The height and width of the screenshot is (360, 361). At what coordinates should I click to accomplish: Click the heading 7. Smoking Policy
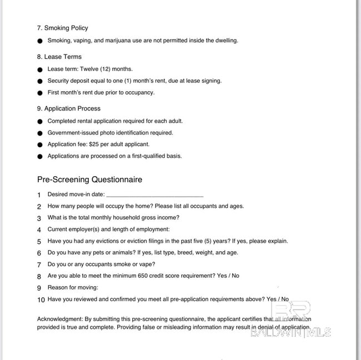pos(62,28)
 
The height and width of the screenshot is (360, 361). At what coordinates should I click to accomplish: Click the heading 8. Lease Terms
pos(59,57)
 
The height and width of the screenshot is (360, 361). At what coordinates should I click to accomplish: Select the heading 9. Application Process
pos(68,108)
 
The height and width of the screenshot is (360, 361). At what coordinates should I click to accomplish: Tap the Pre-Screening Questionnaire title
pos(89,179)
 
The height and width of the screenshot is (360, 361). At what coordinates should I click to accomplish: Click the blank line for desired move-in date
pos(154,195)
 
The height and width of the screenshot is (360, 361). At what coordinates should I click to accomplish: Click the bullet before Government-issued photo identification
pos(39,133)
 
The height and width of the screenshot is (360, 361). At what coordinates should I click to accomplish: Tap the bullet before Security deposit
pos(39,81)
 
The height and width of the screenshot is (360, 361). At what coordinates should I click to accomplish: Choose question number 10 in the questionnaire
pos(41,299)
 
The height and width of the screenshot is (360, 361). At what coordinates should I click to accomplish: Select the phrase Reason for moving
pos(73,288)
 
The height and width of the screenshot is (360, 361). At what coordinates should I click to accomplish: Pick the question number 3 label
pos(39,218)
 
